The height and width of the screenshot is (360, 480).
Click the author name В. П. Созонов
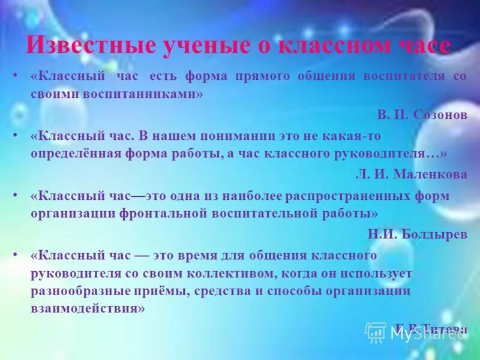(x=422, y=115)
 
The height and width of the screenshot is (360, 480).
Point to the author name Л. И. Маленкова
(x=411, y=174)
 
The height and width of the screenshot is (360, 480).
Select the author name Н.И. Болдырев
(x=418, y=234)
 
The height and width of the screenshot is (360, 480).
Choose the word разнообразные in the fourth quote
(x=88, y=291)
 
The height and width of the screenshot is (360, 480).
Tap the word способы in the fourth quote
(x=283, y=291)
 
